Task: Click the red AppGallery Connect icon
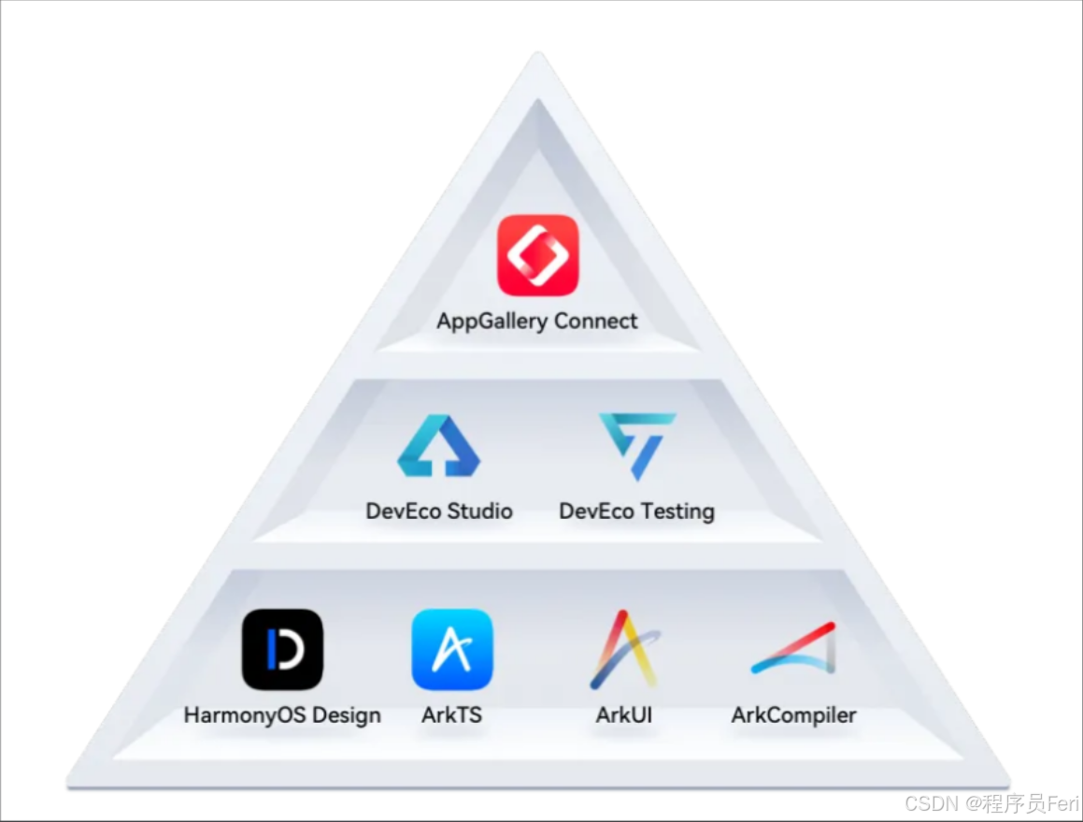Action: (537, 255)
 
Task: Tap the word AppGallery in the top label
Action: (492, 322)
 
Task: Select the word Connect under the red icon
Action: (595, 321)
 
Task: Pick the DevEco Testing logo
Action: (637, 445)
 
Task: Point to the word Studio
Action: (479, 512)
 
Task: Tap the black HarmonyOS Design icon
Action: (282, 649)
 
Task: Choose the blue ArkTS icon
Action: (452, 649)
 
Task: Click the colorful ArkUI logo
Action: (624, 649)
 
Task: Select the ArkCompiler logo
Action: (794, 649)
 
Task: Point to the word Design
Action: (347, 715)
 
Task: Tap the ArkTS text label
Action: (452, 715)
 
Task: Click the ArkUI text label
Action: (624, 715)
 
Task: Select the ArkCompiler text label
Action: (794, 715)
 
